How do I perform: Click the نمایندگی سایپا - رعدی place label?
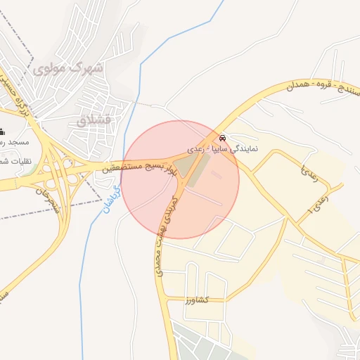[223, 150]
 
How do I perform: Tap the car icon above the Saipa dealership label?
[223, 138]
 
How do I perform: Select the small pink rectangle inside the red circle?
[216, 174]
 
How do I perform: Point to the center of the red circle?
[180, 179]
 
